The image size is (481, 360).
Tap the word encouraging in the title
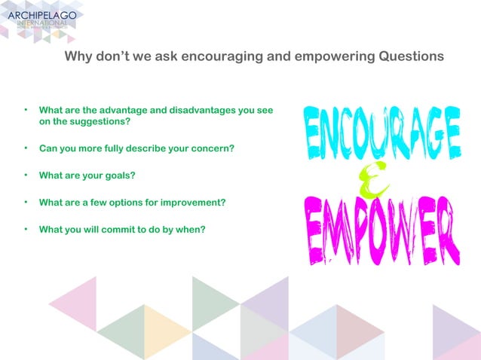click(222, 56)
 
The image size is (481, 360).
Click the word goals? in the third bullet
click(118, 175)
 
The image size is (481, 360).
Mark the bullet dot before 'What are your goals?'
click(26, 175)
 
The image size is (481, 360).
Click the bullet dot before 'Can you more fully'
click(26, 148)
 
